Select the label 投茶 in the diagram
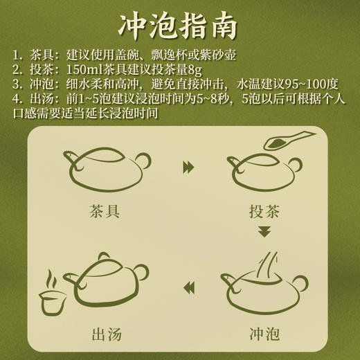[262, 213]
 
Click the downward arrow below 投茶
[262, 231]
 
